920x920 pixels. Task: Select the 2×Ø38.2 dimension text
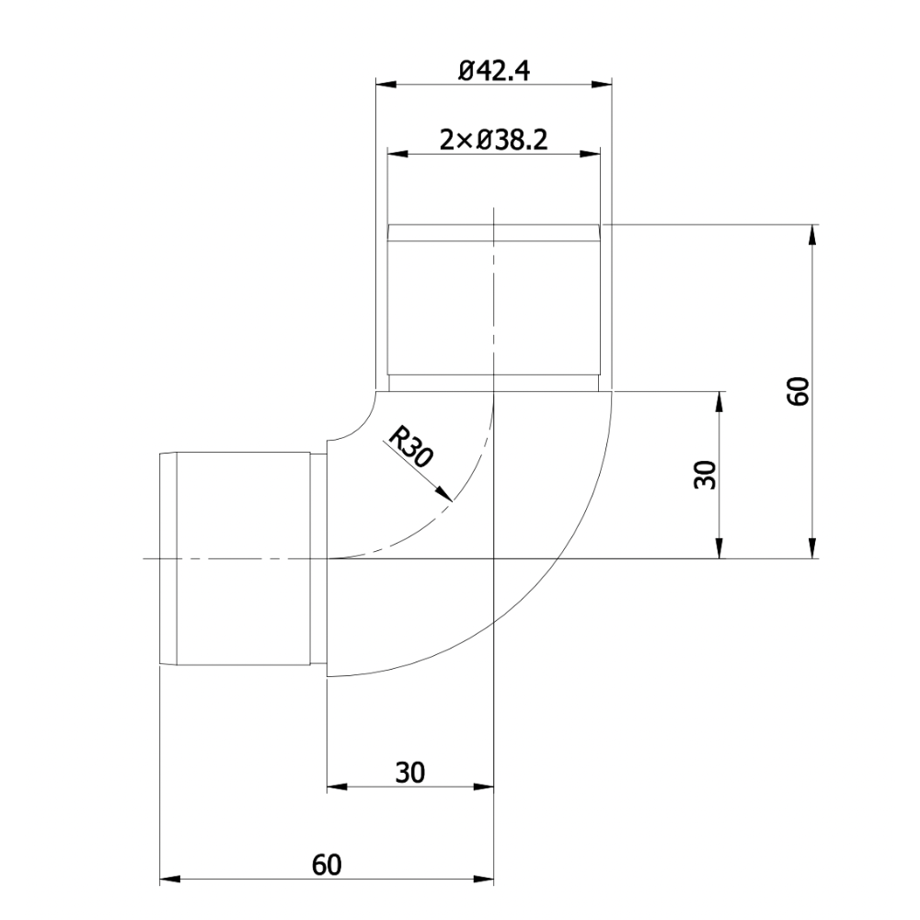pos(493,140)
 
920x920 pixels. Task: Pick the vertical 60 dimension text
pos(798,391)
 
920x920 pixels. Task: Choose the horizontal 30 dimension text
pos(410,772)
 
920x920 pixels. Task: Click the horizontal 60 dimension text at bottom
pos(327,866)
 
